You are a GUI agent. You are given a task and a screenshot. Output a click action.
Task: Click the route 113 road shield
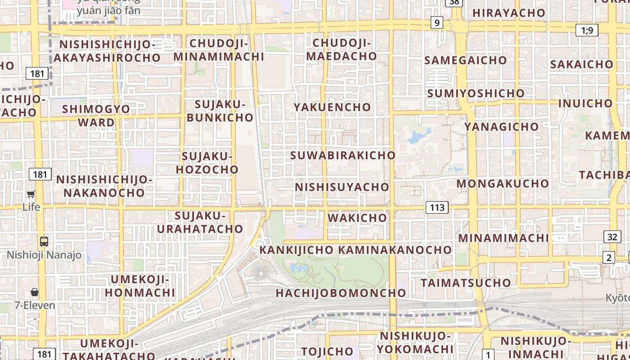point(437,207)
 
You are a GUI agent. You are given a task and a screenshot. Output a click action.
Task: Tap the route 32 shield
point(612,237)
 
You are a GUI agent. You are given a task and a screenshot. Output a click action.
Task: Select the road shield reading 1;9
point(587,31)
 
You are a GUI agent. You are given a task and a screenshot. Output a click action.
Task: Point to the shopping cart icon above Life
point(31,194)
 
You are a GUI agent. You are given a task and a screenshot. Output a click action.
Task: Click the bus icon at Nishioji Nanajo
point(44,241)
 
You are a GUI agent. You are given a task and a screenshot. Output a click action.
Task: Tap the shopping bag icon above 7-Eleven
point(35,292)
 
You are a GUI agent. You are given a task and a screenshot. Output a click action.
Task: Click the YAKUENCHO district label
point(332,107)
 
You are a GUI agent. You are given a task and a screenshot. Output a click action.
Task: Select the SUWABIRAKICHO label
point(343,155)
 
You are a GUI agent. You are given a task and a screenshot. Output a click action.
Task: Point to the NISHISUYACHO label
point(342,187)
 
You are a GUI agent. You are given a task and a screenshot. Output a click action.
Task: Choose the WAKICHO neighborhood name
point(357,218)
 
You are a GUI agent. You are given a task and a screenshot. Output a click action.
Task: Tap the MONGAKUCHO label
point(503,184)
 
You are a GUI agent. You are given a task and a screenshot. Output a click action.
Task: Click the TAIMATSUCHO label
point(466,283)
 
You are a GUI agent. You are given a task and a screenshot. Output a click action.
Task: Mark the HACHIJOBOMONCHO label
point(341,293)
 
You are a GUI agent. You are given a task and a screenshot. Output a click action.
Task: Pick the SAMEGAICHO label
point(465,60)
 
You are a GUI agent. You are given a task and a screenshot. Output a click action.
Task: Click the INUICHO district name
point(585,103)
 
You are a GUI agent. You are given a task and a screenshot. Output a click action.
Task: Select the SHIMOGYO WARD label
point(96,116)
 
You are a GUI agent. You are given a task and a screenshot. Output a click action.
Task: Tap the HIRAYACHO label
point(508,13)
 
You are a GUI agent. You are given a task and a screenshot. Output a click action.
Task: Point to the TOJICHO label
point(327,351)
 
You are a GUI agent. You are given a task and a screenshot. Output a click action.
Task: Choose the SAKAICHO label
point(581,64)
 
